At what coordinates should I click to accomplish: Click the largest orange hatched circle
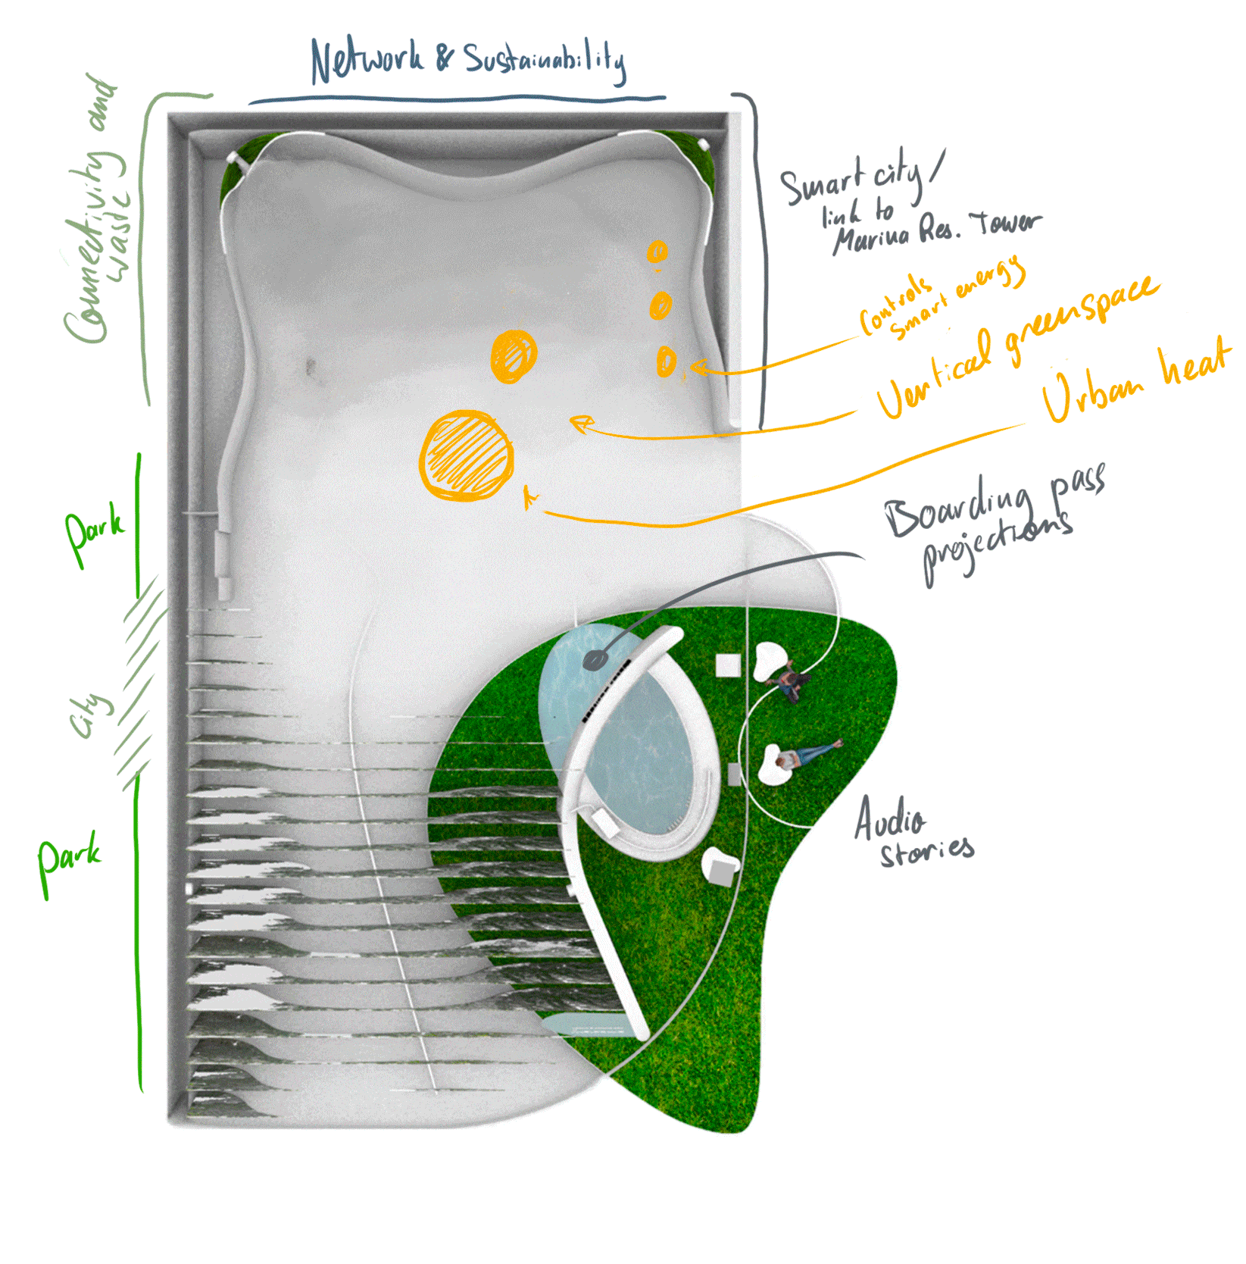(467, 455)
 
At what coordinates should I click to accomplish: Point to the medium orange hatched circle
(514, 356)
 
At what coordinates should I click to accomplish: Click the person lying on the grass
(810, 753)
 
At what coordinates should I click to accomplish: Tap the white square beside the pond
(728, 665)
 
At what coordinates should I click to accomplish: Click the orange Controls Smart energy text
(939, 299)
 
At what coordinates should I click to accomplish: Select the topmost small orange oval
(657, 252)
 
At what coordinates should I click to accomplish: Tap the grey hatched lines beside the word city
(140, 682)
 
